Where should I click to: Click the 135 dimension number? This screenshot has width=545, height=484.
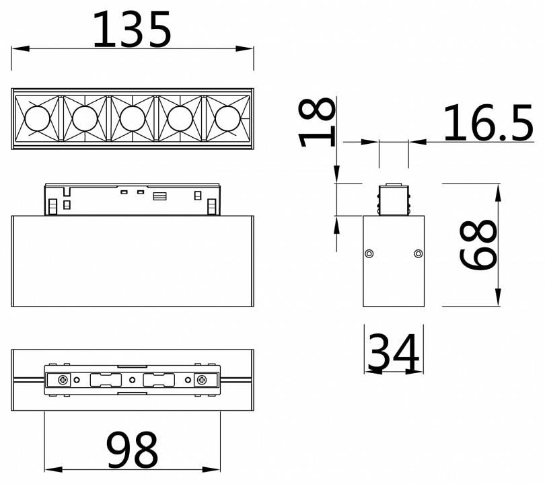132,30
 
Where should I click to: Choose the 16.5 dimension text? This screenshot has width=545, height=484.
487,123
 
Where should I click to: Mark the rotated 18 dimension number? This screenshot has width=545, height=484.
317,122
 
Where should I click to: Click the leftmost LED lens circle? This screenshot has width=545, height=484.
36,119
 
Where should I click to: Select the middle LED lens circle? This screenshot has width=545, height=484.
132,119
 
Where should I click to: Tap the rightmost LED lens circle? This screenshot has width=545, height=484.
227,119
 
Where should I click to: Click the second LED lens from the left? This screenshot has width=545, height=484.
83,119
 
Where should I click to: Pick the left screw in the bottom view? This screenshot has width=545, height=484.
63,380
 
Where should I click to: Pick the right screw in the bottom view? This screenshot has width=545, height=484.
201,380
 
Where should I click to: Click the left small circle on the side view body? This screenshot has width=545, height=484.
369,253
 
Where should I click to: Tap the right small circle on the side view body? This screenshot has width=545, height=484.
419,253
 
